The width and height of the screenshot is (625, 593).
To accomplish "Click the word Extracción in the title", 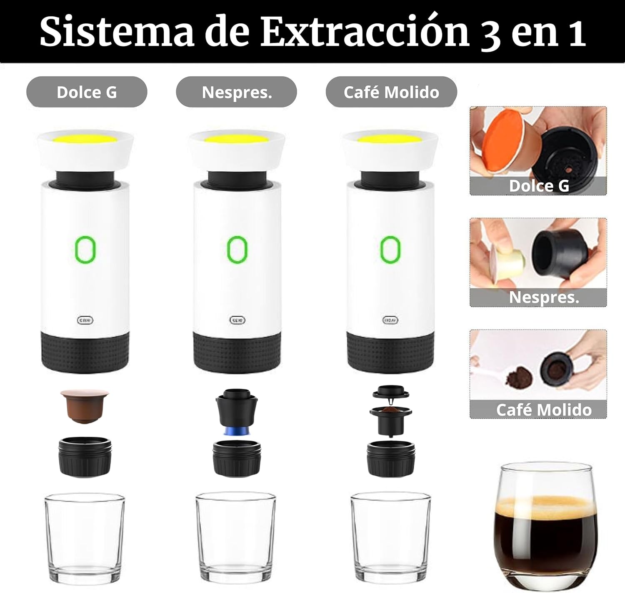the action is (x=365, y=32).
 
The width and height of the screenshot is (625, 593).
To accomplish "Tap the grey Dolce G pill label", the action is (x=87, y=92).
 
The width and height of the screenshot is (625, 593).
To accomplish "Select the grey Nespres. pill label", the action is (x=237, y=92).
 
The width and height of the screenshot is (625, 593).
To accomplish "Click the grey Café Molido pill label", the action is (x=391, y=92).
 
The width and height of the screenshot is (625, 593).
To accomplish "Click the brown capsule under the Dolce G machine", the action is (x=85, y=406).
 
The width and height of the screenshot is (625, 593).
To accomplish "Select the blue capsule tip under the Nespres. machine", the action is (x=237, y=431).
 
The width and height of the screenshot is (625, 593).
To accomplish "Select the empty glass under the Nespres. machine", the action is (x=235, y=537).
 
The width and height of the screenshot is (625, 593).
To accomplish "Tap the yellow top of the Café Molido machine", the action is (x=390, y=139).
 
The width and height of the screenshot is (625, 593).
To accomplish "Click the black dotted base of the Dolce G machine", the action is (x=85, y=351).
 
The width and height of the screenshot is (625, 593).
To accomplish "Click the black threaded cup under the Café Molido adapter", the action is (x=391, y=458).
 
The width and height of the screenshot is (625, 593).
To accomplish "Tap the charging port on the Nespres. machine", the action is (x=237, y=320).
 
